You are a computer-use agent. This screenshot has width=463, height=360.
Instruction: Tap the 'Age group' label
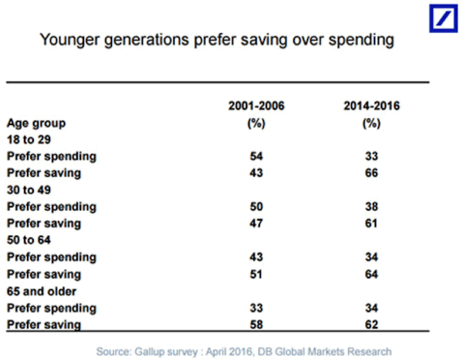pos(35,123)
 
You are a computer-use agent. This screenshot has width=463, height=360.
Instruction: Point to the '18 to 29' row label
pos(29,140)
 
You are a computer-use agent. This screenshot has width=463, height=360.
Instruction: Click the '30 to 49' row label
pos(29,190)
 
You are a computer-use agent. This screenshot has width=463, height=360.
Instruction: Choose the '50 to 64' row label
pos(29,240)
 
